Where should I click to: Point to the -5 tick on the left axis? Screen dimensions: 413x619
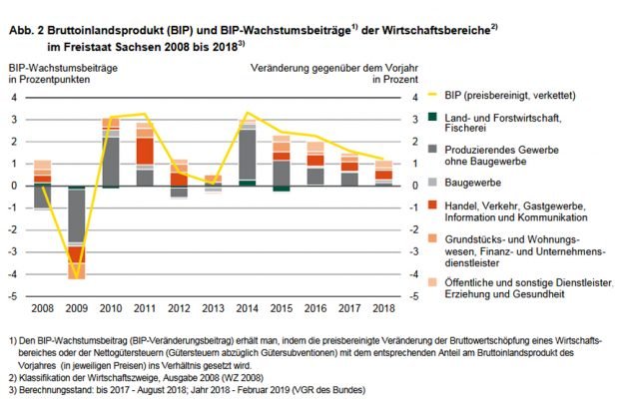click(15, 295)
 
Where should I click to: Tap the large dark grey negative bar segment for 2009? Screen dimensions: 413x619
click(77, 214)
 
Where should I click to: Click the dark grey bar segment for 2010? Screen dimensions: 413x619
click(111, 160)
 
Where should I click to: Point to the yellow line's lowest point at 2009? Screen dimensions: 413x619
click(77, 276)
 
